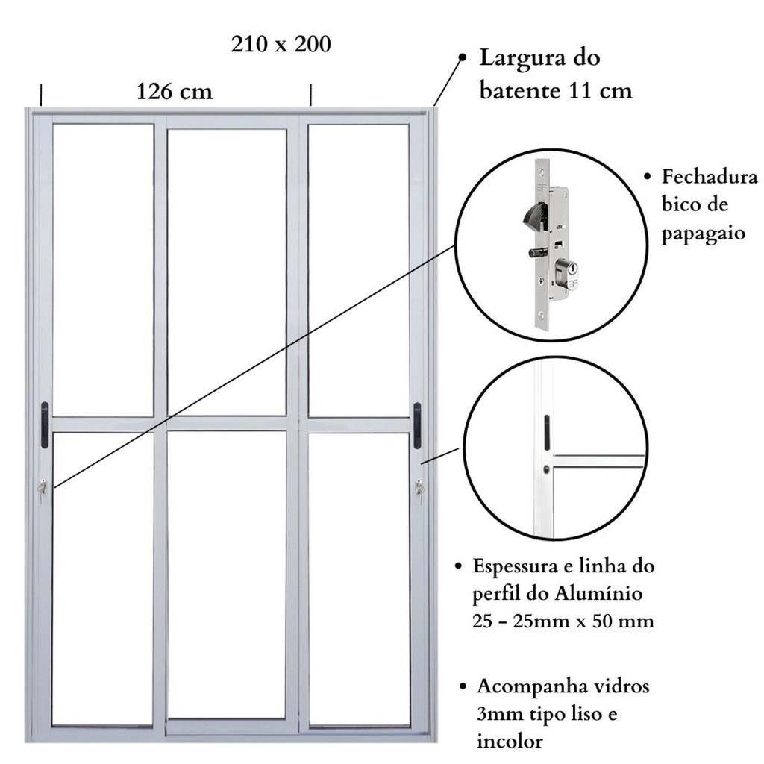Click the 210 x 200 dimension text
pyautogui.click(x=281, y=44)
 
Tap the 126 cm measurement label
pyautogui.click(x=175, y=91)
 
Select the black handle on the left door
pyautogui.click(x=44, y=425)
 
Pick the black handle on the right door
pyautogui.click(x=417, y=425)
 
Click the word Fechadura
pyautogui.click(x=710, y=176)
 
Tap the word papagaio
pyautogui.click(x=703, y=234)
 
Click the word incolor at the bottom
pyautogui.click(x=510, y=741)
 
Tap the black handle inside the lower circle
pyautogui.click(x=547, y=433)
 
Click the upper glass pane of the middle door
pyautogui.click(x=227, y=272)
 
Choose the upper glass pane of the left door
pyautogui.click(x=103, y=270)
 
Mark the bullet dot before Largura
pyautogui.click(x=463, y=57)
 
